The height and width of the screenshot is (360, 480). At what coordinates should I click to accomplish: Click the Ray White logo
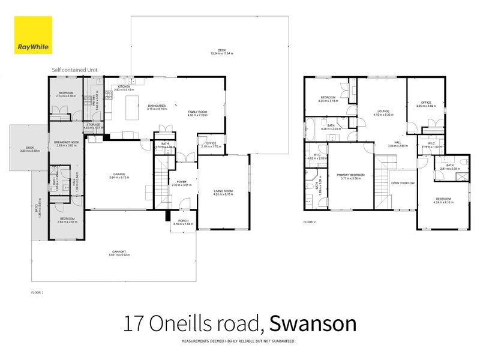pyautogui.click(x=32, y=35)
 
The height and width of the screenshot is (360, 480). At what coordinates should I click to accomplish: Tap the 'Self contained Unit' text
pyautogui.click(x=74, y=70)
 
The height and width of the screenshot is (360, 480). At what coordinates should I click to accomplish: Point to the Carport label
pyautogui.click(x=119, y=252)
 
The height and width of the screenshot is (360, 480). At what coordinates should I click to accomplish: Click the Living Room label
pyautogui.click(x=223, y=191)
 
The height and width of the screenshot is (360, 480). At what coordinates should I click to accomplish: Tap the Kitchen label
pyautogui.click(x=124, y=87)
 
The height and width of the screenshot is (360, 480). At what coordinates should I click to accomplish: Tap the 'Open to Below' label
pyautogui.click(x=403, y=182)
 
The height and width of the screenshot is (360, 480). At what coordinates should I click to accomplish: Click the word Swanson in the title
pyautogui.click(x=313, y=323)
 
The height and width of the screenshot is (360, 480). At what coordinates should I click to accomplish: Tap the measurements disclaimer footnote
pyautogui.click(x=238, y=341)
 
